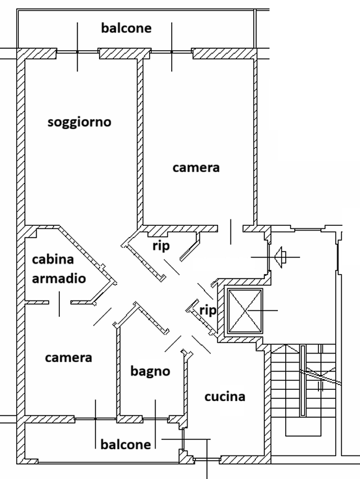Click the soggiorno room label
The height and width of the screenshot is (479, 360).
[79, 122]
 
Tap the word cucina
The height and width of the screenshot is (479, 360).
[225, 396]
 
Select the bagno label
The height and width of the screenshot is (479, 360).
[150, 372]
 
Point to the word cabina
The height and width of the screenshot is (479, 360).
[53, 260]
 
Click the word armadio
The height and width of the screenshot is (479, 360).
[59, 279]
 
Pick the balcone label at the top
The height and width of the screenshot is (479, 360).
[126, 28]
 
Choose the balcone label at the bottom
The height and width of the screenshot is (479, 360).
[126, 445]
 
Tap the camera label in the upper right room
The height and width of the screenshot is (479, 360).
[196, 168]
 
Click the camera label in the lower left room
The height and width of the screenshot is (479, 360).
[68, 358]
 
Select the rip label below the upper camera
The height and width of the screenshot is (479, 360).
[161, 246]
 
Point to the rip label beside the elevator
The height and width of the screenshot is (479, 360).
[208, 310]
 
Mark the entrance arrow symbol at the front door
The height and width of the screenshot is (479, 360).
[281, 257]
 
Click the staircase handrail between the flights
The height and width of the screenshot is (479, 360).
[303, 381]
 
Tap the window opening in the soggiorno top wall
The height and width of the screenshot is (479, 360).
[77, 53]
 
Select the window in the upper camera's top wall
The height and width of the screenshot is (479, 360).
[172, 53]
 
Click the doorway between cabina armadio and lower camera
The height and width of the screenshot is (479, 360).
[60, 303]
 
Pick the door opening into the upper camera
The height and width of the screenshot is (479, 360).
[230, 228]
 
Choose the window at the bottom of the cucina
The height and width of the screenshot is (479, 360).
[207, 459]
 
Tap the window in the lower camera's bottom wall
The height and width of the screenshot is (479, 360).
[95, 418]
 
